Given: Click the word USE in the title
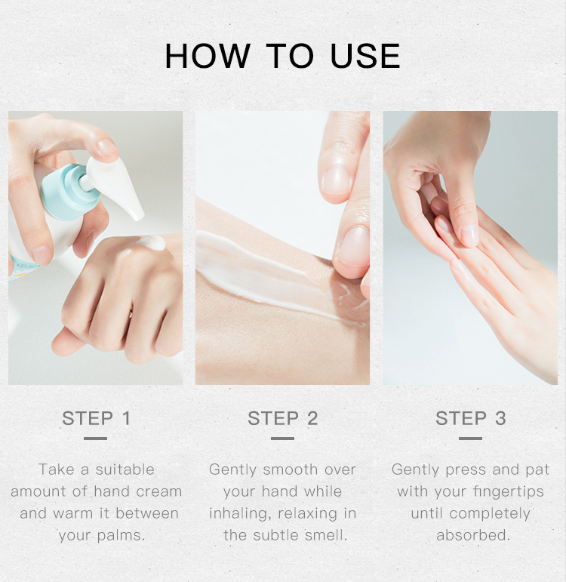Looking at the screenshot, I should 365,57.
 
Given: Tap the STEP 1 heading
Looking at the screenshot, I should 96,418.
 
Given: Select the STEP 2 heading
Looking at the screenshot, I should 283,418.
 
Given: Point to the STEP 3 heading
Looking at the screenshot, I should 470,418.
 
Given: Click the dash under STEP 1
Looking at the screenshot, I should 95,438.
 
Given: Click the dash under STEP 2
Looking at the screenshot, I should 282,438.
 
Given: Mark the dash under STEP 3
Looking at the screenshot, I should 470,438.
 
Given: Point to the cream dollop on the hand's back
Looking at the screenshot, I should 152,242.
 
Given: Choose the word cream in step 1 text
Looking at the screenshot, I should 159,492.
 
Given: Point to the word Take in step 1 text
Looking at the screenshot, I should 57,470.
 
